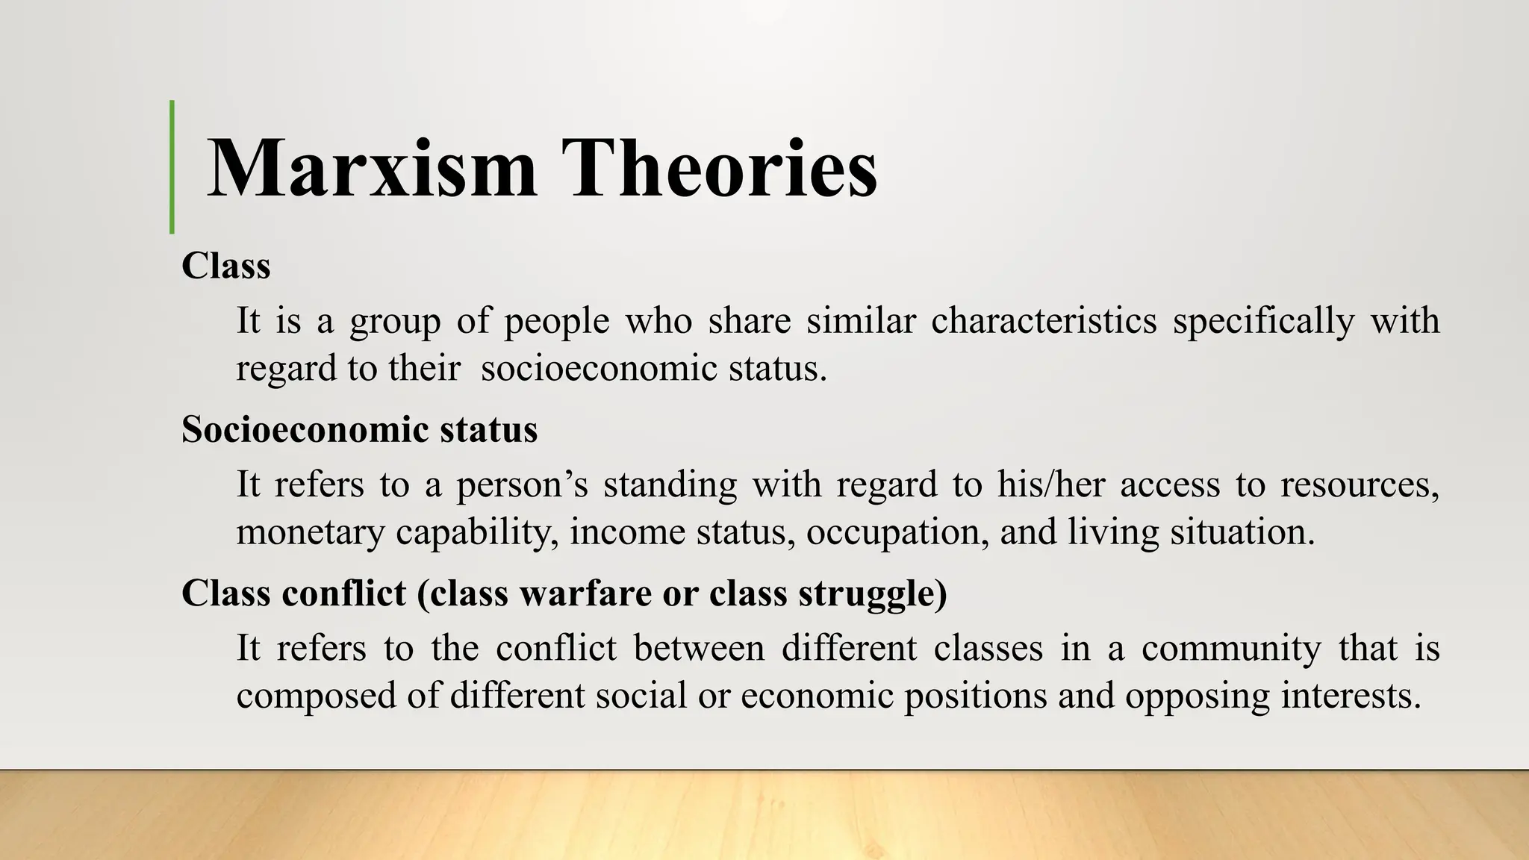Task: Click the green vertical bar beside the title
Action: pos(172,166)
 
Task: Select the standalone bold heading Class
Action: pos(225,266)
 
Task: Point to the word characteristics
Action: pos(1044,320)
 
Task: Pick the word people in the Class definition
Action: pos(556,322)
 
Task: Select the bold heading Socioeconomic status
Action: pos(359,429)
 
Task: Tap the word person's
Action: pos(522,485)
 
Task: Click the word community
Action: pos(1231,649)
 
